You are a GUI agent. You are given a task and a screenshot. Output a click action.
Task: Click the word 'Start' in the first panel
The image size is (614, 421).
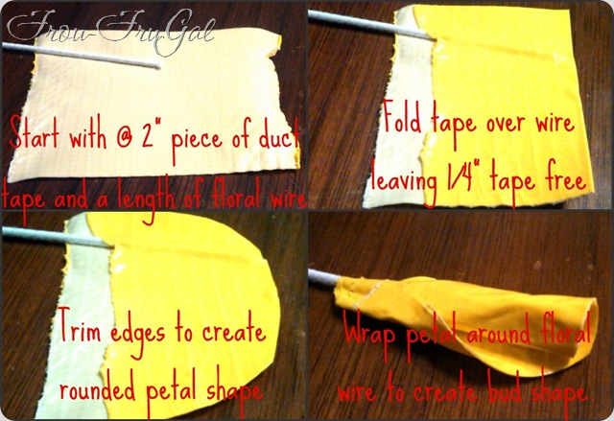click(x=35, y=134)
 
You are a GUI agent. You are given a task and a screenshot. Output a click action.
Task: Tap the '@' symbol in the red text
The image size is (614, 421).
click(x=124, y=138)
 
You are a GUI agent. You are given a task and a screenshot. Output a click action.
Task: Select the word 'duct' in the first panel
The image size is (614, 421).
click(x=279, y=137)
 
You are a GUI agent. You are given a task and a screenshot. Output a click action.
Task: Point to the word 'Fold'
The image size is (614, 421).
click(x=403, y=116)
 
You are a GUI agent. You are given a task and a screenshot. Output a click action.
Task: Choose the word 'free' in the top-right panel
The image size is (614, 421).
click(x=565, y=180)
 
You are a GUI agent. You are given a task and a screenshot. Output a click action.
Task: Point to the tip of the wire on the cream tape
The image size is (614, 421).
click(x=158, y=66)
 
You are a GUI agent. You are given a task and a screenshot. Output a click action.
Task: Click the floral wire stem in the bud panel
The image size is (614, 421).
click(x=324, y=276)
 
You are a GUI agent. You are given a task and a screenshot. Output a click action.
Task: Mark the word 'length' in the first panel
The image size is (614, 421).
click(x=147, y=198)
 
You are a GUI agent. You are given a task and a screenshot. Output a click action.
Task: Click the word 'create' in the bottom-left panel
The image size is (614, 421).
click(x=234, y=331)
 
